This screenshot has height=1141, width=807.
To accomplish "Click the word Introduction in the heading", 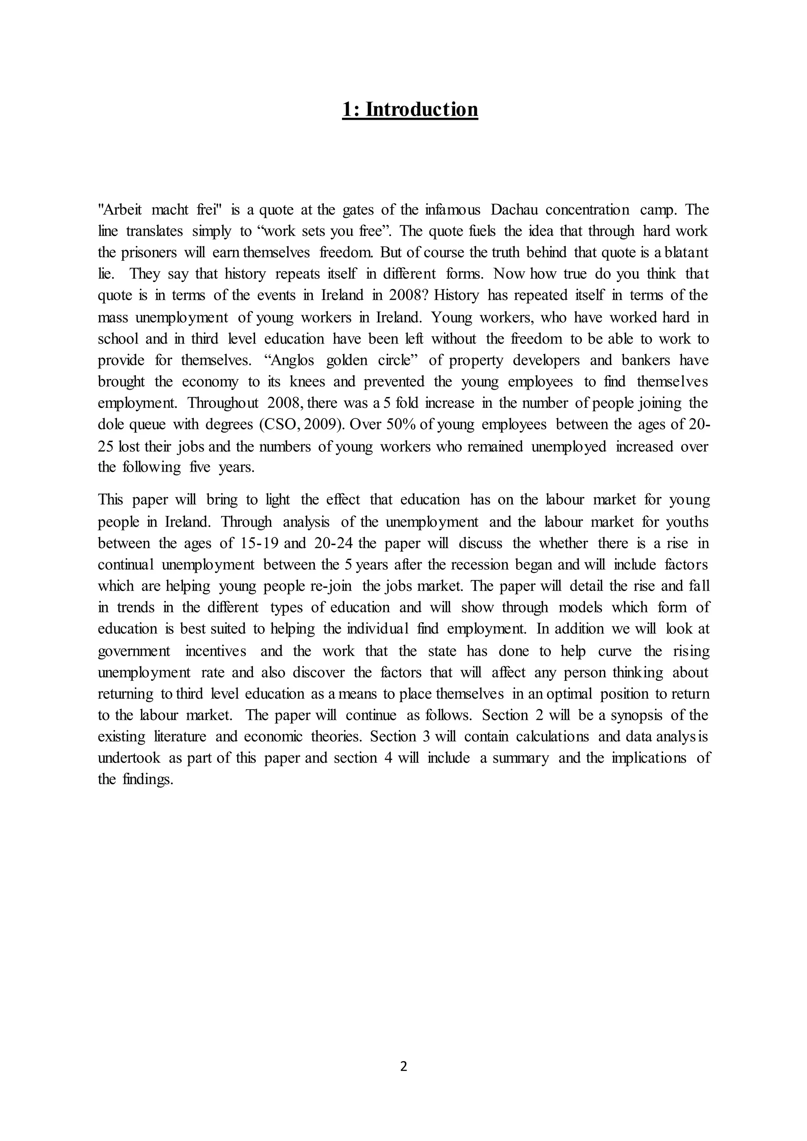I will click(x=422, y=110).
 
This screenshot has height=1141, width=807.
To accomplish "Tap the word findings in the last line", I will click(x=148, y=779).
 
